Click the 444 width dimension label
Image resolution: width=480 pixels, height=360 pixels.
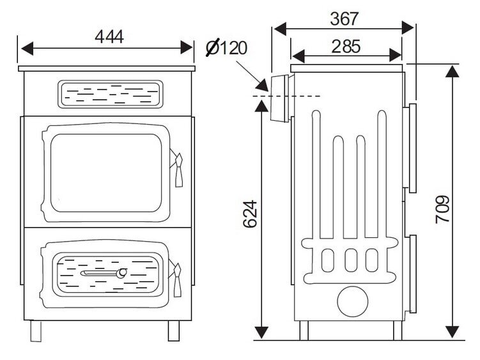pyautogui.click(x=109, y=36)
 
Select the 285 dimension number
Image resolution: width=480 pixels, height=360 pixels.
pyautogui.click(x=346, y=46)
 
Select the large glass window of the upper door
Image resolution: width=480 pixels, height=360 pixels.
pyautogui.click(x=106, y=173)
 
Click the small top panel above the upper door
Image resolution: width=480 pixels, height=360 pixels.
pyautogui.click(x=108, y=94)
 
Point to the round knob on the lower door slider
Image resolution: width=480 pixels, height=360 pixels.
pyautogui.click(x=121, y=273)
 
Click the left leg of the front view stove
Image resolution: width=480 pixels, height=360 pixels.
pyautogui.click(x=36, y=330)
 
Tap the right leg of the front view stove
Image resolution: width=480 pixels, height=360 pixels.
pyautogui.click(x=173, y=330)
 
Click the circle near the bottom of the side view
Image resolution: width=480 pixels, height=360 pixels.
pyautogui.click(x=352, y=301)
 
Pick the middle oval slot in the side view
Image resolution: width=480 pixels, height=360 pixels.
pyautogui.click(x=351, y=258)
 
